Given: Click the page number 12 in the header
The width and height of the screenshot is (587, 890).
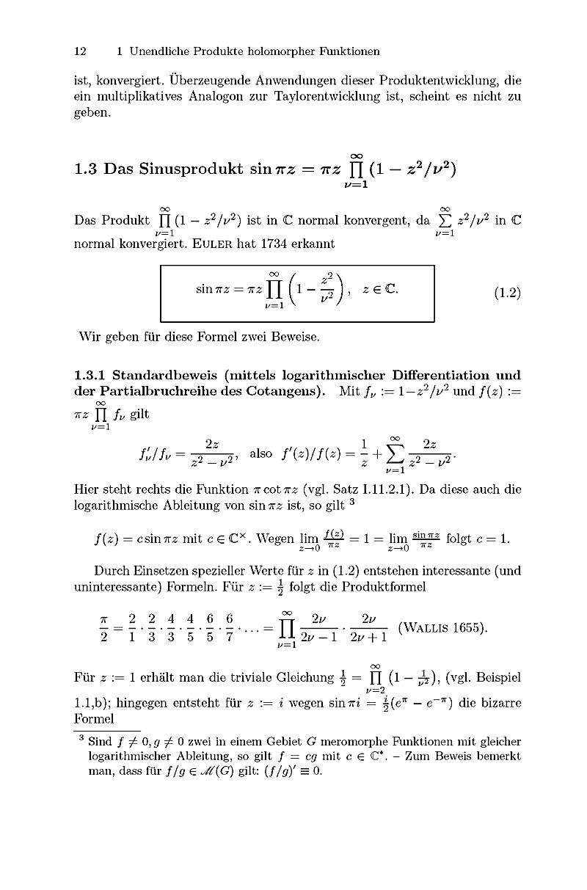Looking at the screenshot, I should tap(81, 51).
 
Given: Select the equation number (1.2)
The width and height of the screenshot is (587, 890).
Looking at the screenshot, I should tap(506, 293).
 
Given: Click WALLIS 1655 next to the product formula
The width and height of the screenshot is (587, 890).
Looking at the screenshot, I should tap(442, 628).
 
